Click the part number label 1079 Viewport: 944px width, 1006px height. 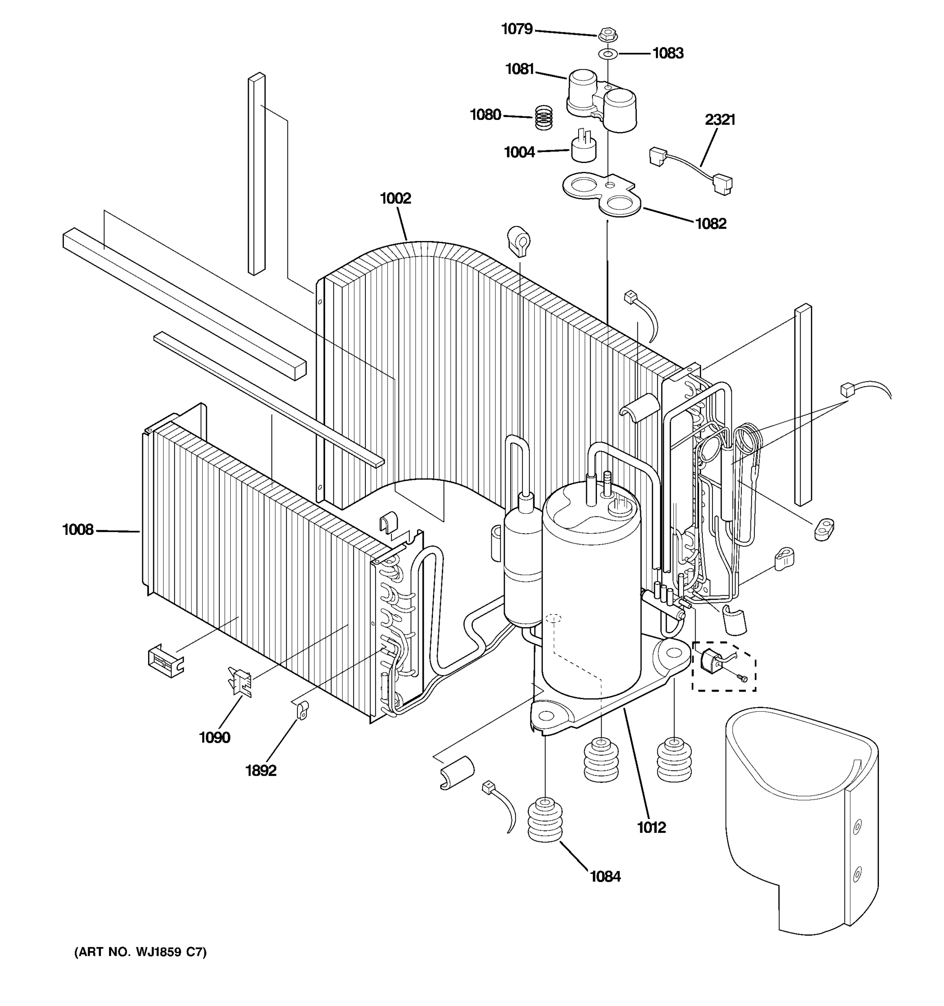[516, 29]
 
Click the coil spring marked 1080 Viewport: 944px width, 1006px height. [543, 117]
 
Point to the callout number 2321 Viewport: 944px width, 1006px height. [720, 120]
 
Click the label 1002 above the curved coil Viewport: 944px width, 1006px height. [395, 198]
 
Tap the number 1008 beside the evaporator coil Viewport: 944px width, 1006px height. [78, 530]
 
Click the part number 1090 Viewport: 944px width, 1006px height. [214, 737]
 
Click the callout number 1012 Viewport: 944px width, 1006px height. [651, 827]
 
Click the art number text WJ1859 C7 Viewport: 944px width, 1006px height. [140, 952]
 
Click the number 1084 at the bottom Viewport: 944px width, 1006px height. [605, 876]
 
